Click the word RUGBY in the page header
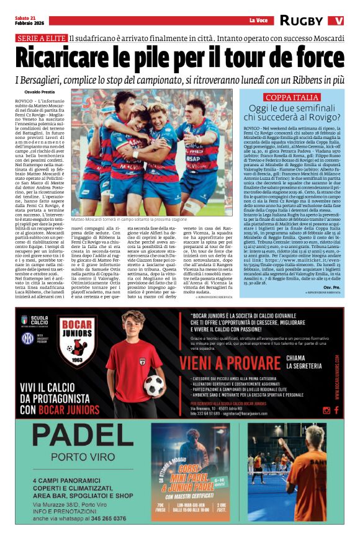tap(302, 20)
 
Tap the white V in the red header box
tap(338, 20)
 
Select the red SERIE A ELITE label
tap(41, 38)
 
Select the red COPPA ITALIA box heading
tap(292, 98)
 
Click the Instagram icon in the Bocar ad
tap(328, 410)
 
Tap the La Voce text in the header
tap(258, 21)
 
